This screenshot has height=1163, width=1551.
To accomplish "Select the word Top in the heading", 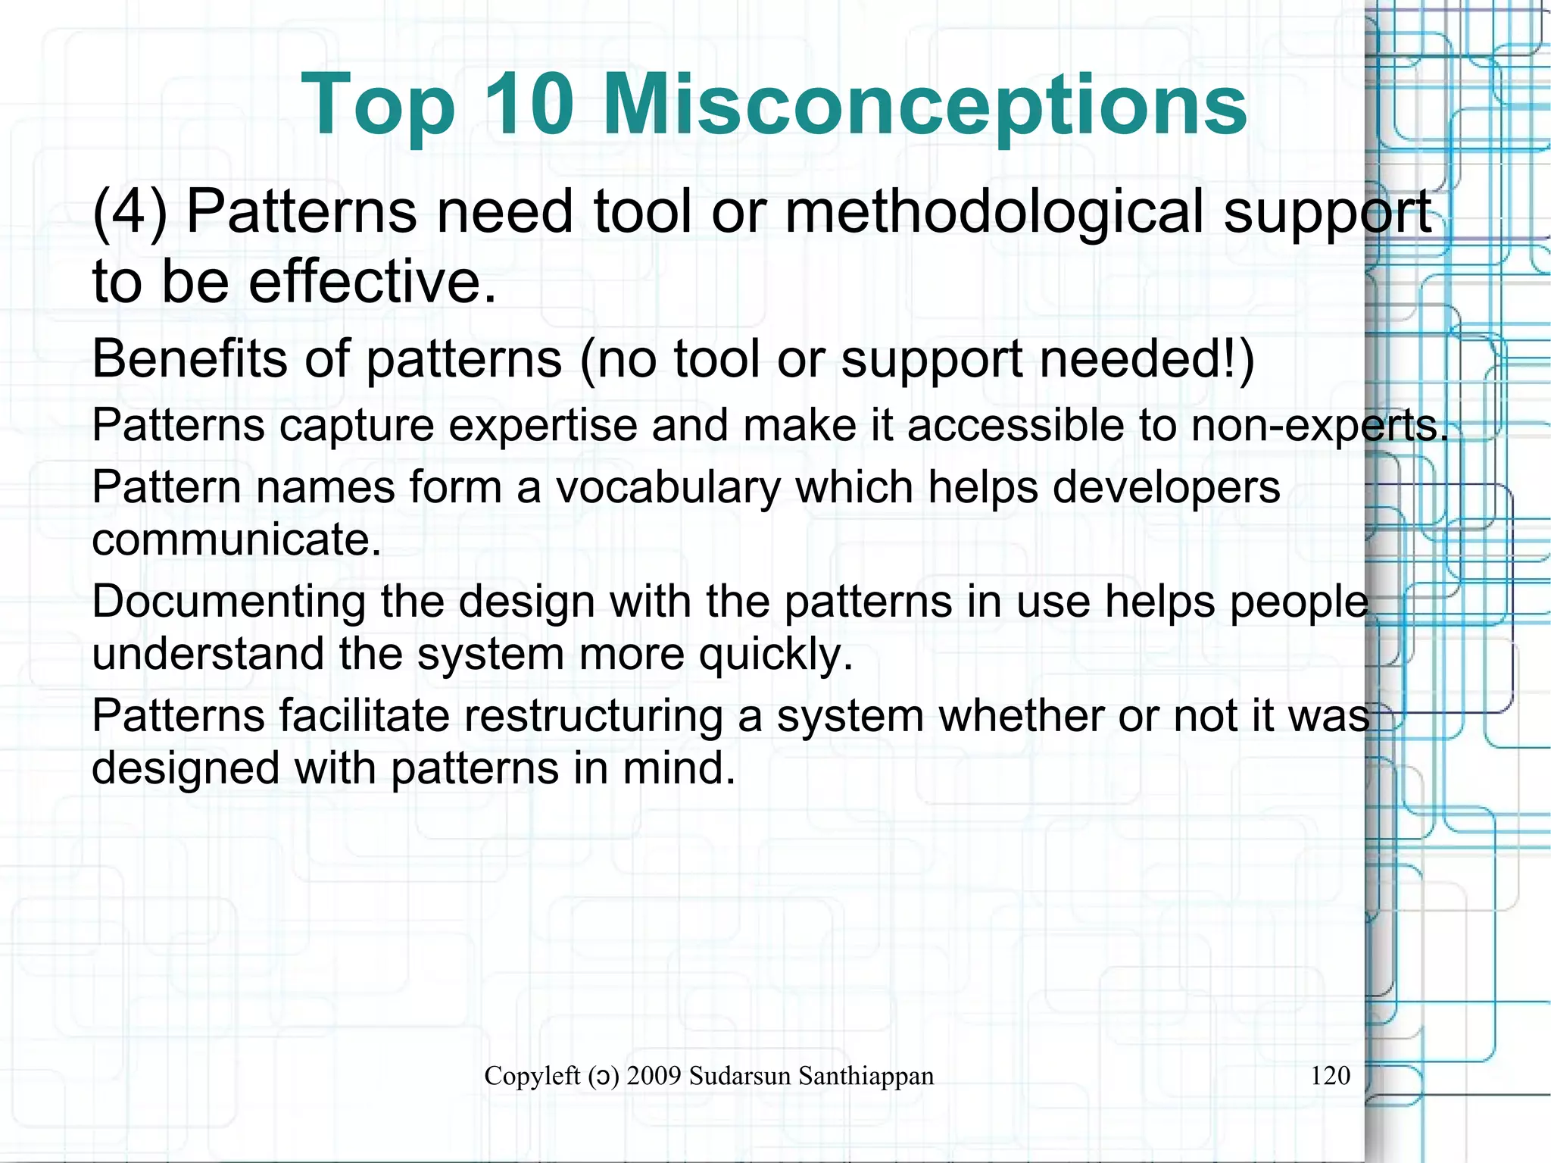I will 379,106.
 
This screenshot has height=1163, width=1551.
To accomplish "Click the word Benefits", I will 189,358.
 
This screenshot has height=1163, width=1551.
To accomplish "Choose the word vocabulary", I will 668,488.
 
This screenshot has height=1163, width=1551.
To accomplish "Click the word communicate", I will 236,540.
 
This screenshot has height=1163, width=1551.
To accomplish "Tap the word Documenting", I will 229,602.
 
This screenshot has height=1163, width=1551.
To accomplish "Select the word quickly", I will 775,655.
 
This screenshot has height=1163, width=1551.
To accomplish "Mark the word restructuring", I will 593,716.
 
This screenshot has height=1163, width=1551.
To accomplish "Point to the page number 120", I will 1330,1075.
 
